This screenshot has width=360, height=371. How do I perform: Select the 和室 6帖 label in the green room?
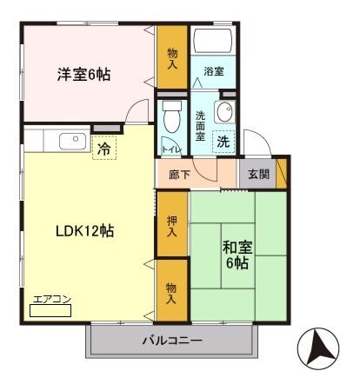click(x=237, y=254)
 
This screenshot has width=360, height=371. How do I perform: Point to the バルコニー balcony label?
click(x=171, y=340)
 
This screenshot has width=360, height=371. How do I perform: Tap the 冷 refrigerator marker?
click(x=103, y=149)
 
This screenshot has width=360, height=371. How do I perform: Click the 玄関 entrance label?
click(x=257, y=173)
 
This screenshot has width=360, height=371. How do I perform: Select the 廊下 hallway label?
click(x=171, y=173)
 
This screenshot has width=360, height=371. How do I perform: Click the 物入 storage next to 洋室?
click(x=171, y=57)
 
